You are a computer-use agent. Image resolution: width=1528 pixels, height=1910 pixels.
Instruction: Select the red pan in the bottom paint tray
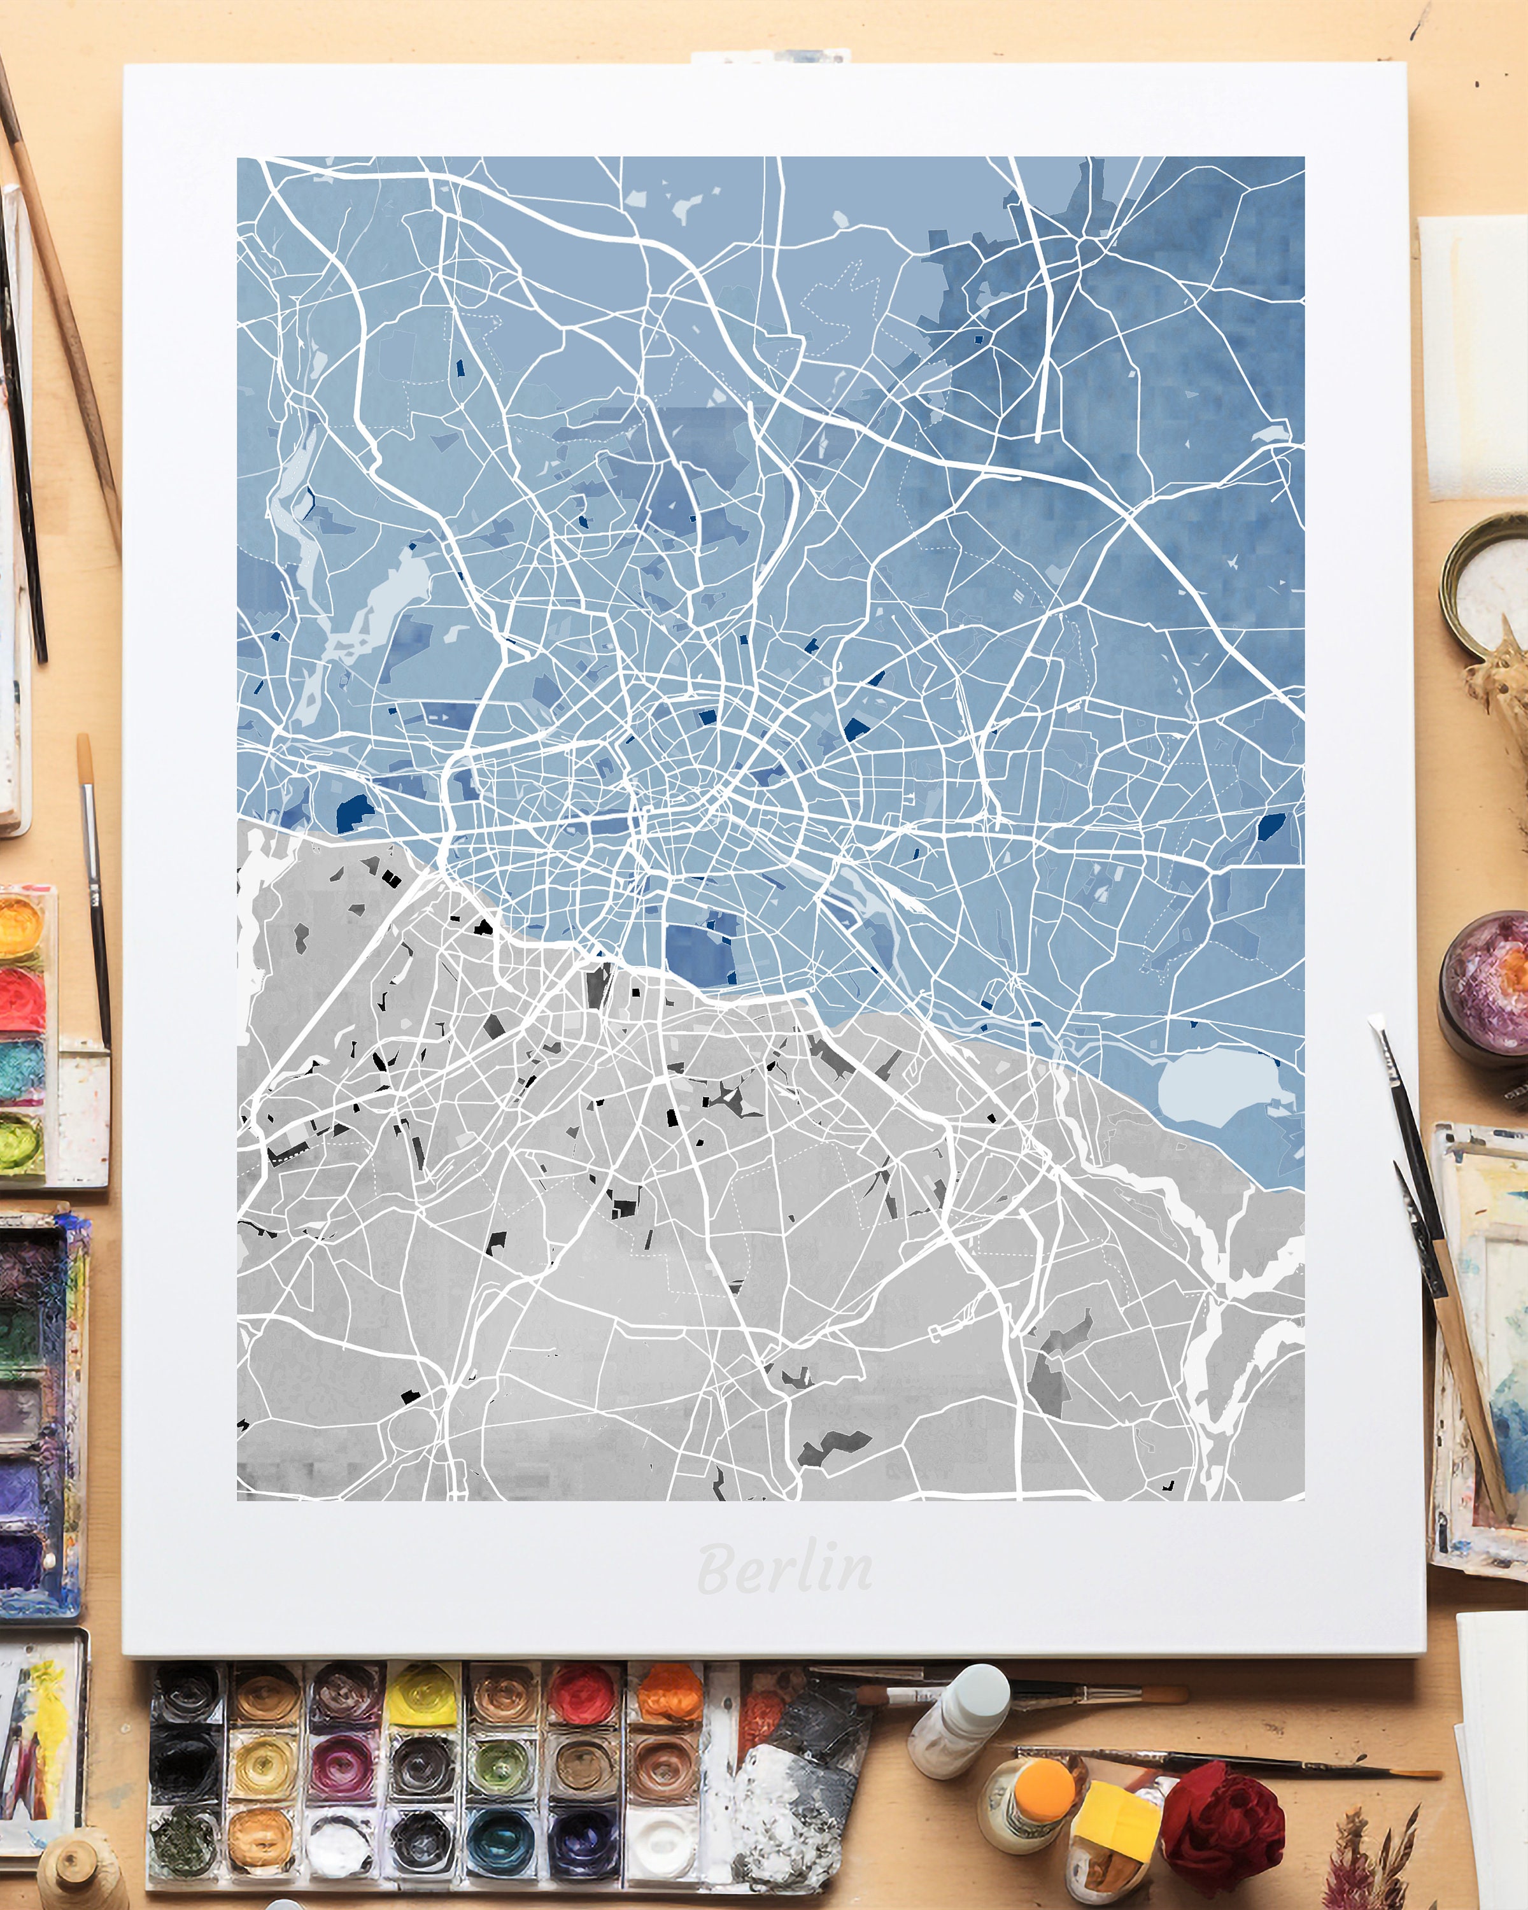582,1694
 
